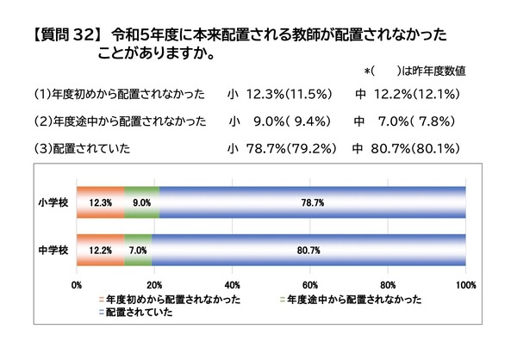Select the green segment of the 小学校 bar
click(142, 202)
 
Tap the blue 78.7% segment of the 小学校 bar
click(313, 202)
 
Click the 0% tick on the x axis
click(78, 285)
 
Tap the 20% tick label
click(154, 285)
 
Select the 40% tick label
click(232, 285)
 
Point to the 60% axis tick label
click(309, 285)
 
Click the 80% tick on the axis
click(387, 285)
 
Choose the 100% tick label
click(464, 285)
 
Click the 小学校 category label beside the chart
click(55, 203)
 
